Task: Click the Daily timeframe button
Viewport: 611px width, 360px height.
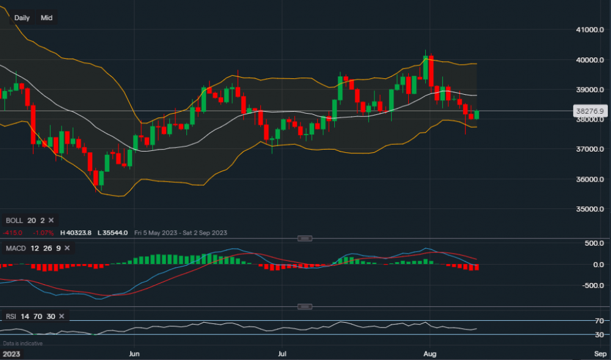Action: (22, 18)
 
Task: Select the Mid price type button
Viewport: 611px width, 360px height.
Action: (46, 18)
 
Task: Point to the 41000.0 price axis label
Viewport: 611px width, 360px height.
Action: (590, 30)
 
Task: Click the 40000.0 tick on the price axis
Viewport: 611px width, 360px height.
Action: (590, 60)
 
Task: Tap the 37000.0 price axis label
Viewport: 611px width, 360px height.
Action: (590, 149)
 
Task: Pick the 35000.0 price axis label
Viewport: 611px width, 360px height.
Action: (590, 209)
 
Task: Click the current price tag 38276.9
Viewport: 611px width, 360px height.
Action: (590, 111)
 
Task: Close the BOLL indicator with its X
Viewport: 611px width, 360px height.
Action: (51, 220)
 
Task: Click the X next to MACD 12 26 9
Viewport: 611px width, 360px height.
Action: (67, 248)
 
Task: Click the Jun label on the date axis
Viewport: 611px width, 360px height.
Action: (135, 354)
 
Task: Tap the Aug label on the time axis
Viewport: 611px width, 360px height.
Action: (431, 354)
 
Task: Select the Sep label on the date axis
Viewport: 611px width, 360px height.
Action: (600, 354)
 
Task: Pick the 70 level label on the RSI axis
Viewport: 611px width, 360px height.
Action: (599, 321)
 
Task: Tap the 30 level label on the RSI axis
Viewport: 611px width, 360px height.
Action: (599, 335)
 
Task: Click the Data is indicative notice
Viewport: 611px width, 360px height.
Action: (23, 343)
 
